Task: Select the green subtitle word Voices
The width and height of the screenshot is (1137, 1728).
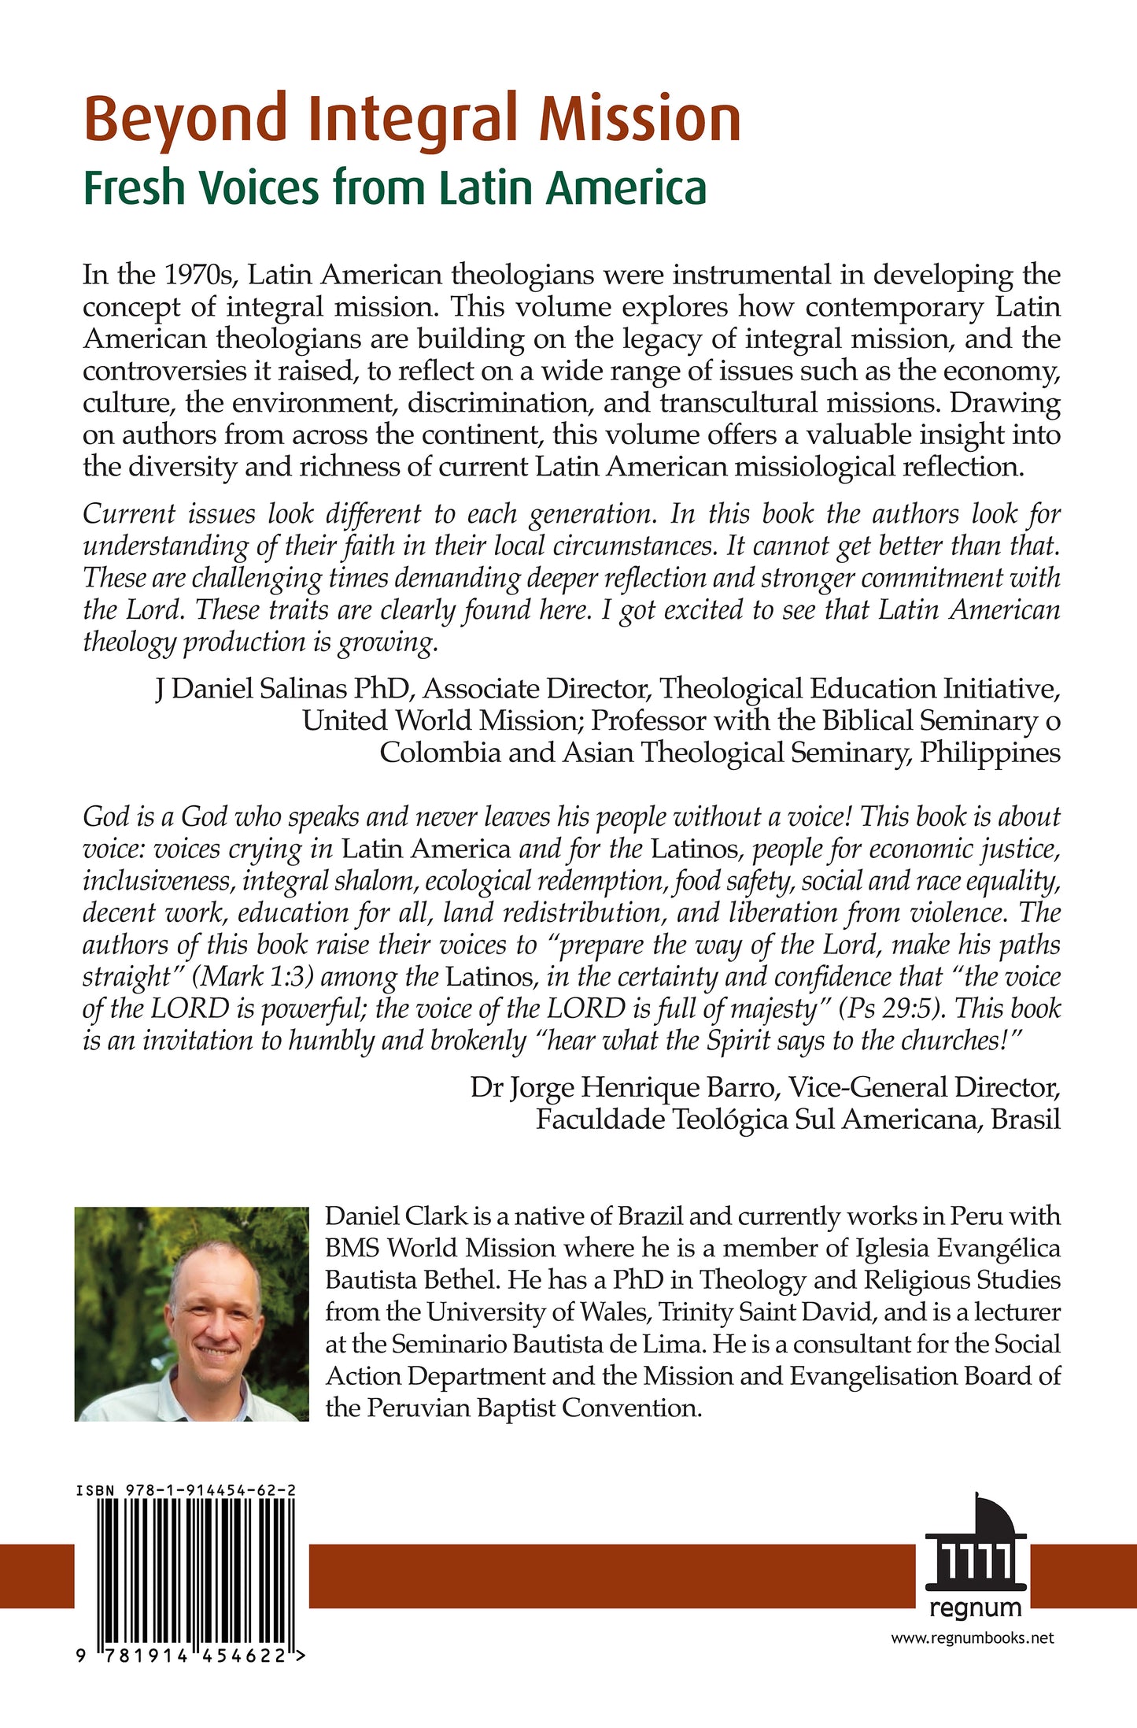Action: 259,189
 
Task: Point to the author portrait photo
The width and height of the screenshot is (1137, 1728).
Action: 191,1314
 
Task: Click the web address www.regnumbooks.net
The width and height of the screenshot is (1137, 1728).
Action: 972,1638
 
